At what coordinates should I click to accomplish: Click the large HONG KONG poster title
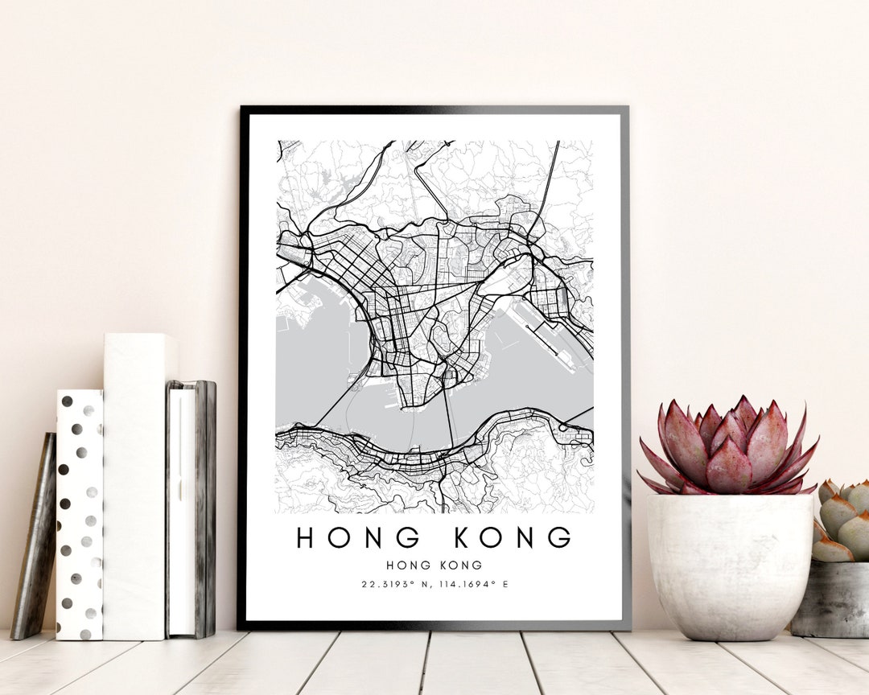coord(434,537)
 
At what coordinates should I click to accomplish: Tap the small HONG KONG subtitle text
coord(434,565)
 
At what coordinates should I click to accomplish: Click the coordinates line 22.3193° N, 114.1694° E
coord(434,584)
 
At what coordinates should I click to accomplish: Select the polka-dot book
coord(79,515)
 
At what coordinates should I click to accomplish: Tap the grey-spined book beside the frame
coord(192,507)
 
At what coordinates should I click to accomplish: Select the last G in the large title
coord(560,537)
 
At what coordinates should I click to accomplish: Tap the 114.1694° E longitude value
coord(473,584)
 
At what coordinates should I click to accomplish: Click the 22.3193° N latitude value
coord(390,584)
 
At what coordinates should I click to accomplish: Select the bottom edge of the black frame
coord(434,625)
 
